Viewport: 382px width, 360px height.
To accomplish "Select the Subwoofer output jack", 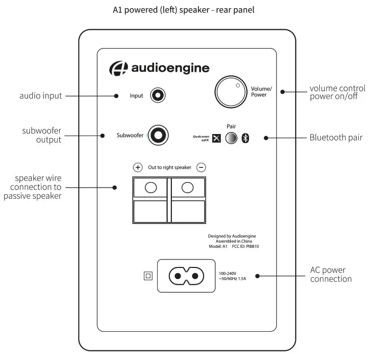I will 158,136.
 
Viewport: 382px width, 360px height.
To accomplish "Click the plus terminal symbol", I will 137,167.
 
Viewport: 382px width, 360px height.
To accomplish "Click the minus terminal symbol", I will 201,167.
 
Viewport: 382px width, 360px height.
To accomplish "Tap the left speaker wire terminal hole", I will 151,188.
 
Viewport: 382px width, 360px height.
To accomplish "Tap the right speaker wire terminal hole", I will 187,188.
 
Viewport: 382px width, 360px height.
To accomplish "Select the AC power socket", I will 184,276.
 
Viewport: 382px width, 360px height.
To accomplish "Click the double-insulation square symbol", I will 148,276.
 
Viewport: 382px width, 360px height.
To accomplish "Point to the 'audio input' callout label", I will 40,96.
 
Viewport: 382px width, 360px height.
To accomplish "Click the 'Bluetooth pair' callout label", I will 336,137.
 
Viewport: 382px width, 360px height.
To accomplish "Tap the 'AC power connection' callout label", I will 331,275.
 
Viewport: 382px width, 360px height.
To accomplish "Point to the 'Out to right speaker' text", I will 169,167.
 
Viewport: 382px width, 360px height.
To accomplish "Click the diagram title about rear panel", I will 190,10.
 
